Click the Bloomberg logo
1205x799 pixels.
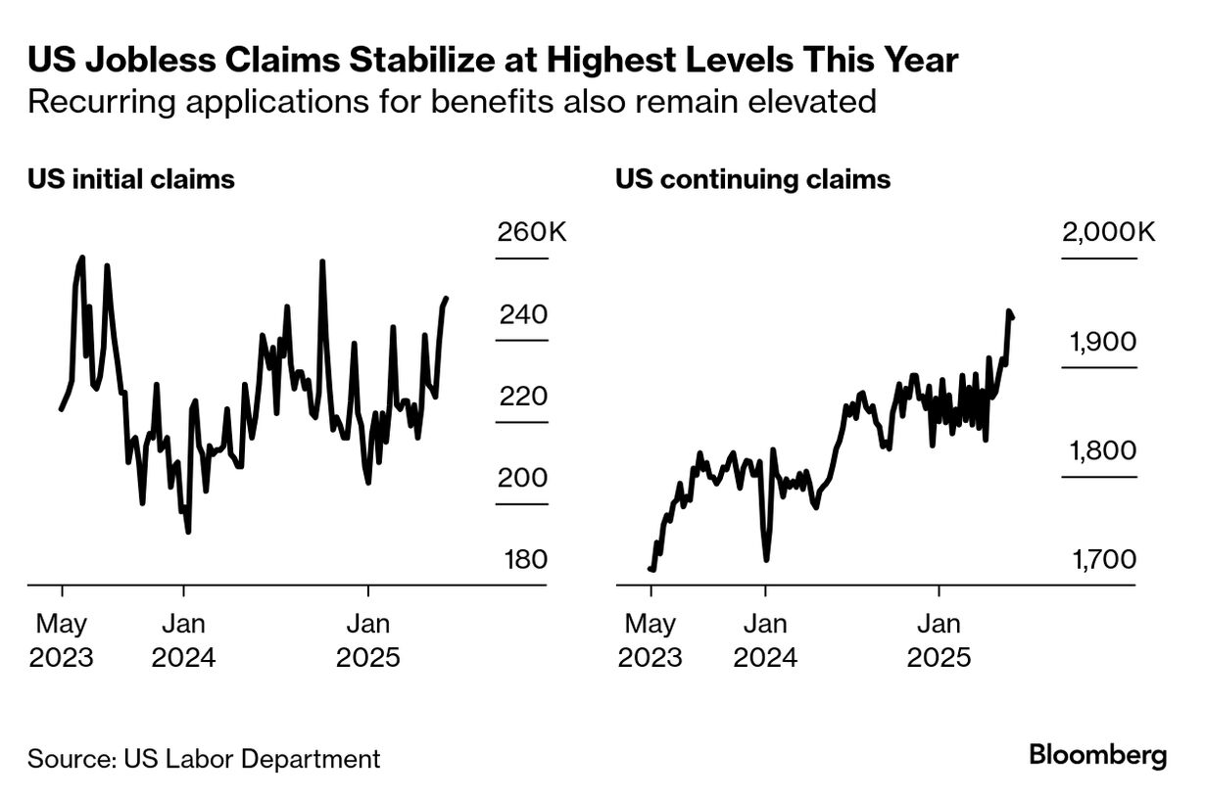click(x=1097, y=756)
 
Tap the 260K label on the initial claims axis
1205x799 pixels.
click(x=532, y=233)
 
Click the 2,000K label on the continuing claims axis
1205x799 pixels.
click(x=1108, y=233)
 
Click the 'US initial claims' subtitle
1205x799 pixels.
click(x=131, y=180)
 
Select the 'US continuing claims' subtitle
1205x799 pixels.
click(x=752, y=180)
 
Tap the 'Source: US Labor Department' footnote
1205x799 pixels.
click(x=204, y=758)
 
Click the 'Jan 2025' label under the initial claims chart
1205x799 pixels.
click(x=368, y=640)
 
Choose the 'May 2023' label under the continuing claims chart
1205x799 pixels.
click(x=650, y=640)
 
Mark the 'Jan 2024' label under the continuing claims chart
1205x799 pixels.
click(x=765, y=640)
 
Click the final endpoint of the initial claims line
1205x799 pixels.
click(x=447, y=299)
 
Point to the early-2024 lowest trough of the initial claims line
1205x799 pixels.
click(x=187, y=532)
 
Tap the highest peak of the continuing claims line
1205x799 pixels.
click(x=1008, y=312)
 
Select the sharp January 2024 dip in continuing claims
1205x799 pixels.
click(x=766, y=559)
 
